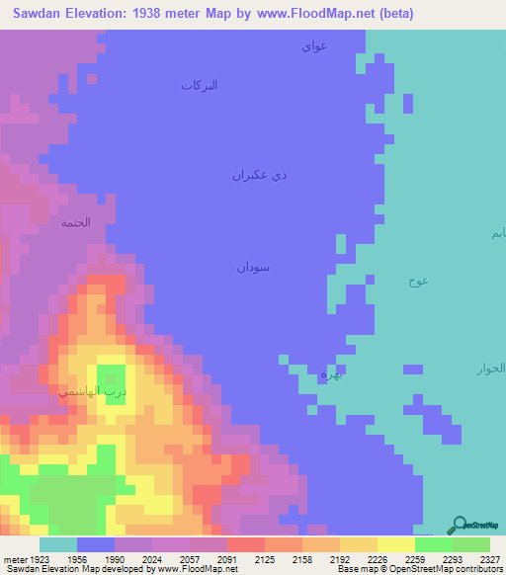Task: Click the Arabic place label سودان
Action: [253, 267]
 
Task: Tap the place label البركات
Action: [199, 86]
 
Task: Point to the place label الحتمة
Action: [76, 222]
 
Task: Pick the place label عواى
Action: [314, 44]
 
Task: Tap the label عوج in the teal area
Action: [417, 281]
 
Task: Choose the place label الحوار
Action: [490, 369]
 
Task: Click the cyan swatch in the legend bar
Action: [58, 544]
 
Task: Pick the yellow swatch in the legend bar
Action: [395, 544]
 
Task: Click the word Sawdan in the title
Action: [41, 14]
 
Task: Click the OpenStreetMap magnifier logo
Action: [459, 526]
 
